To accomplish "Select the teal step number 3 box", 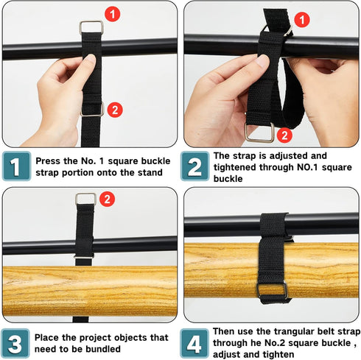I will click(15, 342).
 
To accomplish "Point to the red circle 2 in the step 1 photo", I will click(115, 110).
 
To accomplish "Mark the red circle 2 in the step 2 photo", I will click(285, 135).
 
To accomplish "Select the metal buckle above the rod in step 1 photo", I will click(91, 28).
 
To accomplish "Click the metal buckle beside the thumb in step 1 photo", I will click(92, 109).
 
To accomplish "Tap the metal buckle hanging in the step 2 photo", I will click(259, 133).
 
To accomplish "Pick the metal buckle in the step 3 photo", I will click(85, 200).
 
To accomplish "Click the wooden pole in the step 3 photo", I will click(44, 291).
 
